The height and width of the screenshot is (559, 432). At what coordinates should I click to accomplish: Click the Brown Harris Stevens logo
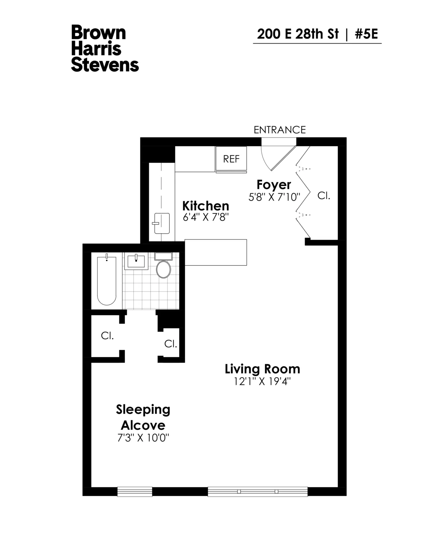[x=105, y=49]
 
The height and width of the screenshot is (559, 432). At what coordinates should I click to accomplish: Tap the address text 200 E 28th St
[x=298, y=34]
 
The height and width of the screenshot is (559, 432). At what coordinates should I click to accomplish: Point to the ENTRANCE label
[x=280, y=130]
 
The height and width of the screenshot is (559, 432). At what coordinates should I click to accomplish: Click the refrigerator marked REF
[x=231, y=159]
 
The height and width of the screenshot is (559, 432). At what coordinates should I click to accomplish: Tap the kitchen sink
[x=162, y=223]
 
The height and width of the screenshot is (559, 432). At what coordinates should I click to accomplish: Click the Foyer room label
[x=274, y=185]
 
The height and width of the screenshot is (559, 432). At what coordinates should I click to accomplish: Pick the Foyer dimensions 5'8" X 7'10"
[x=274, y=197]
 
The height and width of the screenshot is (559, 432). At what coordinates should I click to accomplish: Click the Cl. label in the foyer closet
[x=324, y=197]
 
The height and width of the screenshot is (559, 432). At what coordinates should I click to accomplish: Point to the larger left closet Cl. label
[x=107, y=336]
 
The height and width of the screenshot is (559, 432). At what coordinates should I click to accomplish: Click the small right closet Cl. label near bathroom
[x=171, y=344]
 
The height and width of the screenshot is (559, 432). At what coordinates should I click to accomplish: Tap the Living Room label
[x=262, y=369]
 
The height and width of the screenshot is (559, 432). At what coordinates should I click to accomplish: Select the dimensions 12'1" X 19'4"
[x=262, y=382]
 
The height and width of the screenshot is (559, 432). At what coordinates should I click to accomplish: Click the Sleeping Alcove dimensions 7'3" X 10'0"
[x=143, y=438]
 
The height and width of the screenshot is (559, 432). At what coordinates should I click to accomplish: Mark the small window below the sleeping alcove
[x=135, y=492]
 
